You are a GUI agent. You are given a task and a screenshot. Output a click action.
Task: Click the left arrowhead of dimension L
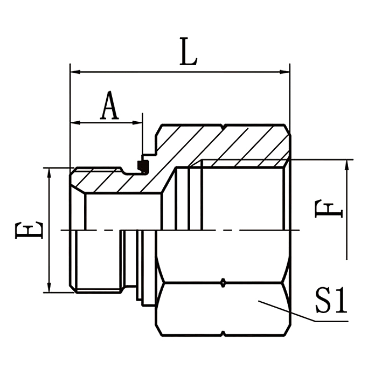74,72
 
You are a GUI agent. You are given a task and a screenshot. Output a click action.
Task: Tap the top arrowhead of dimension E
49,172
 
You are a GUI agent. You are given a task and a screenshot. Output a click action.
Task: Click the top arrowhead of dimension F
346,164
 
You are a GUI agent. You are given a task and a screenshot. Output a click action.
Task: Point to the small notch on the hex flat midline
223,282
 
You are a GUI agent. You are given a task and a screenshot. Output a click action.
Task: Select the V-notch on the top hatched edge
223,128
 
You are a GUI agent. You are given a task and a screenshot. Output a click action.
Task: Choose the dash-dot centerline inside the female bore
237,230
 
